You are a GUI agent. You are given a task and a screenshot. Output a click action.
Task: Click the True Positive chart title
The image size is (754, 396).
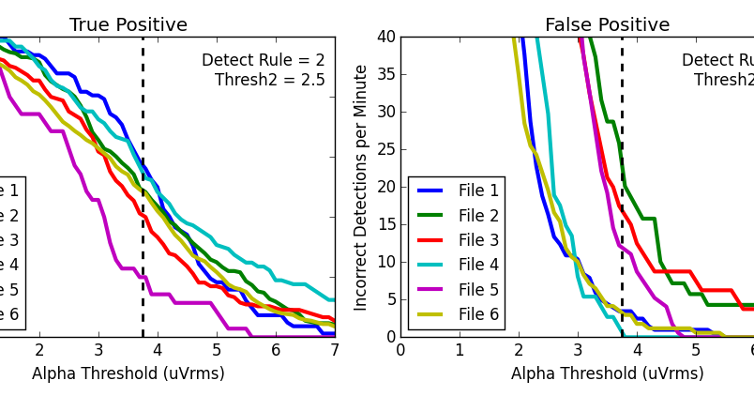tap(128, 25)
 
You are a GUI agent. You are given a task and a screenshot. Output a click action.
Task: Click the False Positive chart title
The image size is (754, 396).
tap(607, 25)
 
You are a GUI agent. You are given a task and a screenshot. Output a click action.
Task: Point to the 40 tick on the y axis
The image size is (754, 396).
tap(385, 38)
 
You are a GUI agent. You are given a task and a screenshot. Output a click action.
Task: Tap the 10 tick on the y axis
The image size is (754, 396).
tap(385, 262)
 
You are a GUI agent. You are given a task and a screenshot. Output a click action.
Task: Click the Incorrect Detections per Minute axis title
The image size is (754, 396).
tap(361, 187)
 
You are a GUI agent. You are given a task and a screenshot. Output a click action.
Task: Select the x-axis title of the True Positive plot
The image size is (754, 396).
tap(128, 373)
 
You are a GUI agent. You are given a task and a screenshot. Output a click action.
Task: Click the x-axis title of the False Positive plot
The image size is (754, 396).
tap(607, 373)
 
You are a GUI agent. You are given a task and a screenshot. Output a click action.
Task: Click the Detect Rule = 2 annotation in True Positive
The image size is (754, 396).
tap(263, 61)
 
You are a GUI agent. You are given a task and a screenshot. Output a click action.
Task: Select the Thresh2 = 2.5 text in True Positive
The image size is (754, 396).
tap(270, 81)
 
